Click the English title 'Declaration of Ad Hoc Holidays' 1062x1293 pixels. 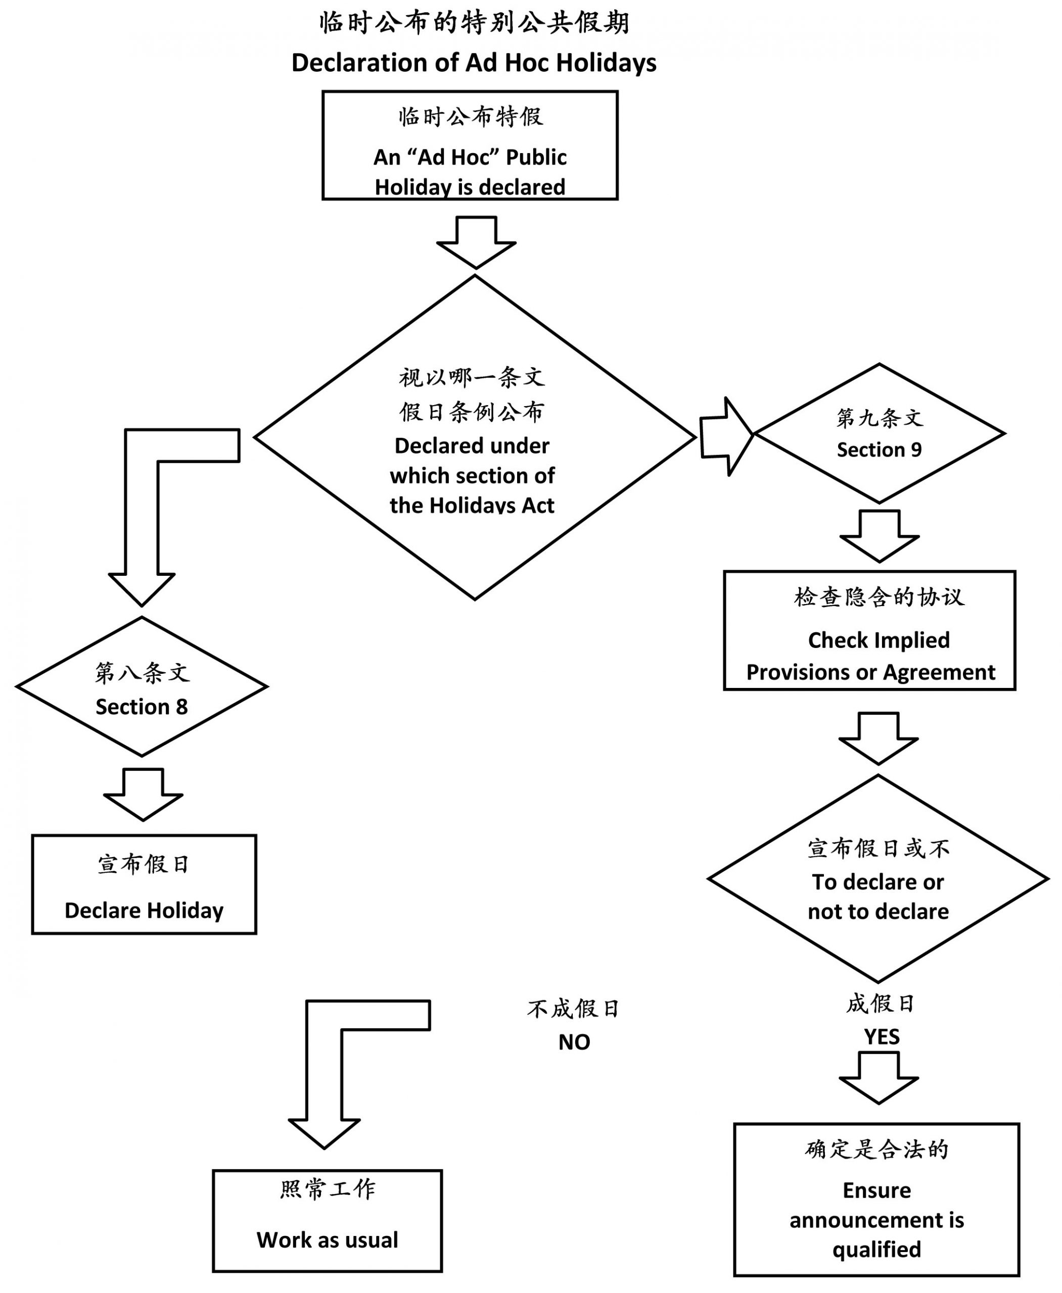pos(474,63)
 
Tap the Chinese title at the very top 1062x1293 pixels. pos(474,23)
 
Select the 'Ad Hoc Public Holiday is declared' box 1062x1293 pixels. pos(470,145)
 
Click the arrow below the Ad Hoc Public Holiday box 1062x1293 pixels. pos(476,242)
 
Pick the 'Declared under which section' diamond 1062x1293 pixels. pos(475,438)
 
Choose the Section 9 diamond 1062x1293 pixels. pos(879,434)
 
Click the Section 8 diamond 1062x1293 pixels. pos(142,687)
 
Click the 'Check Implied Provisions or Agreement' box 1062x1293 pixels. pos(869,631)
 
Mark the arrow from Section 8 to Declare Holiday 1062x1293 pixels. pos(143,794)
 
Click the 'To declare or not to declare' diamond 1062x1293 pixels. pos(878,879)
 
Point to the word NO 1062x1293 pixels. pos(574,1042)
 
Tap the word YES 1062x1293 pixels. pos(882,1037)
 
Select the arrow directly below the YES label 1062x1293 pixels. pos(879,1078)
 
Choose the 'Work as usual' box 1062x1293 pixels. pos(327,1221)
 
